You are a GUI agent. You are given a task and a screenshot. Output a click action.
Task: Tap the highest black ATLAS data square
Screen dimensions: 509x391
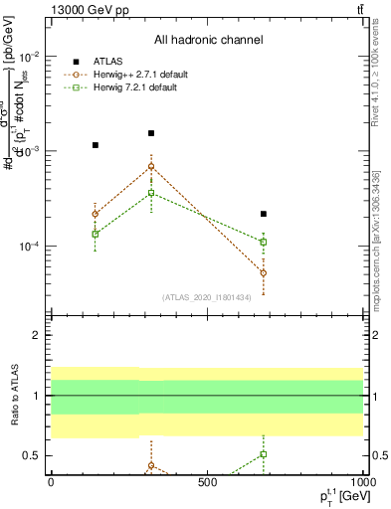151,133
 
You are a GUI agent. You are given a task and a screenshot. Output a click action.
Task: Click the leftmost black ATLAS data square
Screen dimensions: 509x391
96,145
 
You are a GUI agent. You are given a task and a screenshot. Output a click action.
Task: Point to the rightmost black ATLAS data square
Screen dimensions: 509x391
264,214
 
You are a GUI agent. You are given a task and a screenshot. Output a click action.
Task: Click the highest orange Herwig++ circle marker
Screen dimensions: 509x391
151,167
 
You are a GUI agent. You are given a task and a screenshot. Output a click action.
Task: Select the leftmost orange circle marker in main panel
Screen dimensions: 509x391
96,214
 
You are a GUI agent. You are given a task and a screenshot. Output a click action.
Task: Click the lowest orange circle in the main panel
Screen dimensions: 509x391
264,272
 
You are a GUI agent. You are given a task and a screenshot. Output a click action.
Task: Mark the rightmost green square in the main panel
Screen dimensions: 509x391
264,242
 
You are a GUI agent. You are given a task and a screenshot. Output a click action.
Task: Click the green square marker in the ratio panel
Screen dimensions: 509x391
264,454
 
